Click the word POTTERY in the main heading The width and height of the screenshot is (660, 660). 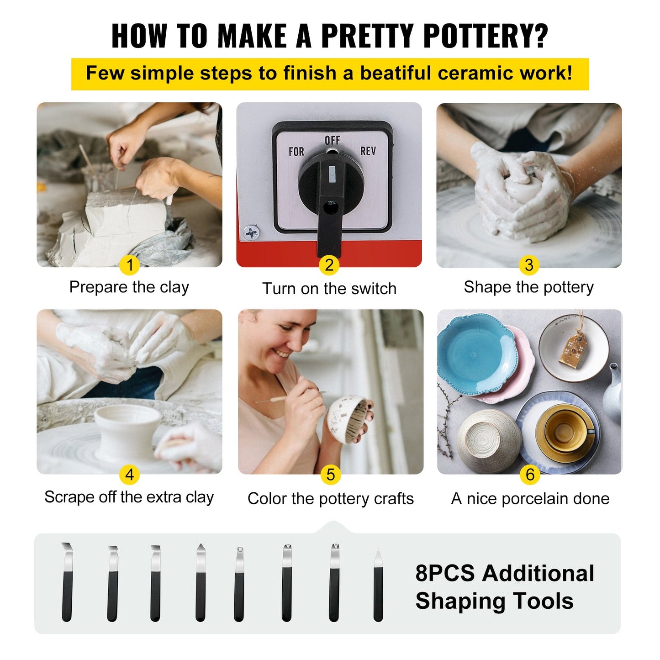[x=485, y=35]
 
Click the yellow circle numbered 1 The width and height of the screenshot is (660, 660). [x=129, y=265]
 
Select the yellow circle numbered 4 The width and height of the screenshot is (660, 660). [x=129, y=475]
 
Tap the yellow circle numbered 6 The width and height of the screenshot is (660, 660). [x=529, y=475]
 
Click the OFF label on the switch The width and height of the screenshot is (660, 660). [x=332, y=140]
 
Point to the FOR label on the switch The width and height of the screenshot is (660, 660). [x=296, y=152]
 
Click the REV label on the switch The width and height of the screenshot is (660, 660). [x=368, y=151]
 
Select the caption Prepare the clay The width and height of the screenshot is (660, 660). [x=129, y=287]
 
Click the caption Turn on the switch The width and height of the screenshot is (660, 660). [x=329, y=289]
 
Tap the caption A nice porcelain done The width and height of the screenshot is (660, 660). [x=530, y=498]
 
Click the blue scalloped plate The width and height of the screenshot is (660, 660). [x=474, y=354]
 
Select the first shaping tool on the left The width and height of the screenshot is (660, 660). [x=67, y=582]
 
